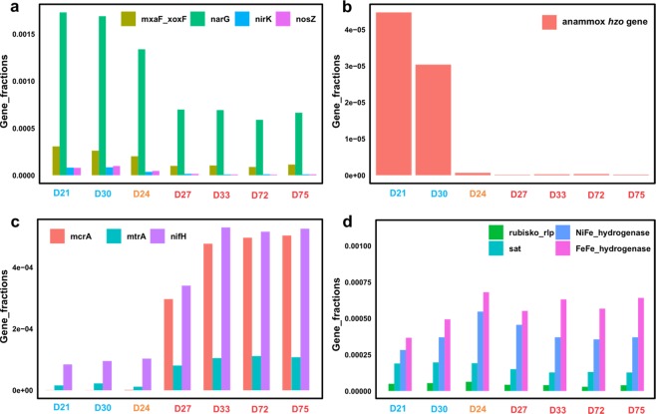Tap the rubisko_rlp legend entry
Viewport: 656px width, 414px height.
(533, 232)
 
